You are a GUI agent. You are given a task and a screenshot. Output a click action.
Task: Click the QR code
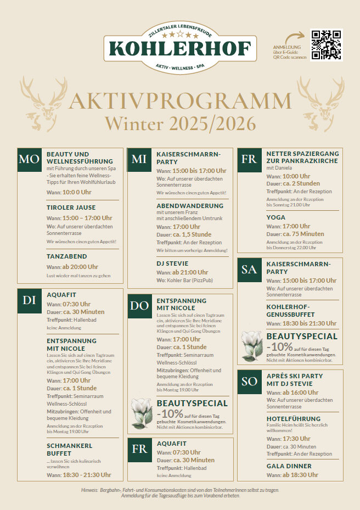click(x=326, y=45)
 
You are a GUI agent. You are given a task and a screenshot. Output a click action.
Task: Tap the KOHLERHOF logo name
click(x=180, y=48)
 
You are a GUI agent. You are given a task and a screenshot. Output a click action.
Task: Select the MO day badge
click(x=29, y=160)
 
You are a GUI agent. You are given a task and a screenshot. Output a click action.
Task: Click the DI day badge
click(x=29, y=300)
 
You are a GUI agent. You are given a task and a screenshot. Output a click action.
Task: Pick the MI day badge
click(x=139, y=160)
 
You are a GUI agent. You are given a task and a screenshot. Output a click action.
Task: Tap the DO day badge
click(x=139, y=306)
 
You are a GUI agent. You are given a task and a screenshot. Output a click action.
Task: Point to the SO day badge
click(x=249, y=382)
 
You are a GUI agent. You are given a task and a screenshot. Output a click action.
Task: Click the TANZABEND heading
click(x=66, y=256)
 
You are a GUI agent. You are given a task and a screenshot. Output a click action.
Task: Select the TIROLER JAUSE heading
click(x=71, y=208)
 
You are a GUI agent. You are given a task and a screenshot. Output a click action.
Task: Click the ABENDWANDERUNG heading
click(x=190, y=206)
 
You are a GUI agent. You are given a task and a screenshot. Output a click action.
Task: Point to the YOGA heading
click(x=276, y=217)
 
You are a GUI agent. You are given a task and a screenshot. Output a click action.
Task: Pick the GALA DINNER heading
click(x=289, y=466)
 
